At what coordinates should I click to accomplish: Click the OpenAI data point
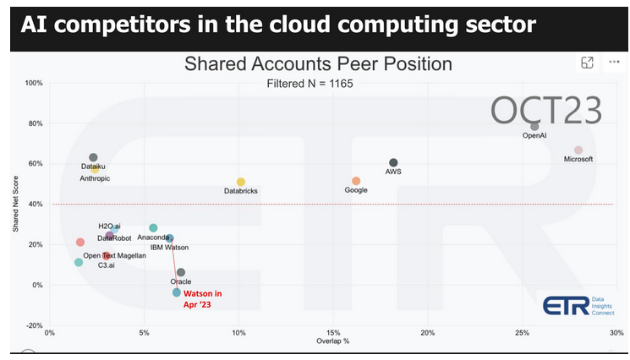click(534, 126)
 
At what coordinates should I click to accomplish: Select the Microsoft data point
click(578, 150)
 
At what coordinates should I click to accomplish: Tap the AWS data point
click(393, 162)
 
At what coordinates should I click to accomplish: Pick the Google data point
click(356, 181)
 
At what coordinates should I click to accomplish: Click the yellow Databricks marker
click(241, 182)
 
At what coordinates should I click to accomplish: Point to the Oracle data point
click(181, 272)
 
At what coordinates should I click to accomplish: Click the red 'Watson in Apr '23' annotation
click(203, 299)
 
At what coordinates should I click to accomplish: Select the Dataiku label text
click(94, 167)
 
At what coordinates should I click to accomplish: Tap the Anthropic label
click(94, 178)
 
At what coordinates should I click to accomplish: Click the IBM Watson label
click(169, 248)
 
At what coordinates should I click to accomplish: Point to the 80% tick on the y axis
click(34, 123)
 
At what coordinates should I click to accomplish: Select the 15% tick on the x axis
click(333, 334)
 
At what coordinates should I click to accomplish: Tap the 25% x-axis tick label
click(522, 334)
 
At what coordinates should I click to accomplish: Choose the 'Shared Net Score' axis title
click(16, 203)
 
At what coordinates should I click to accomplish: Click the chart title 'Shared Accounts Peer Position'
click(318, 64)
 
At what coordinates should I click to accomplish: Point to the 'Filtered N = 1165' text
click(310, 84)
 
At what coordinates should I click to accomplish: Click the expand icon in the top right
click(587, 63)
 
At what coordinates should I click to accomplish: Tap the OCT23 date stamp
click(547, 110)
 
